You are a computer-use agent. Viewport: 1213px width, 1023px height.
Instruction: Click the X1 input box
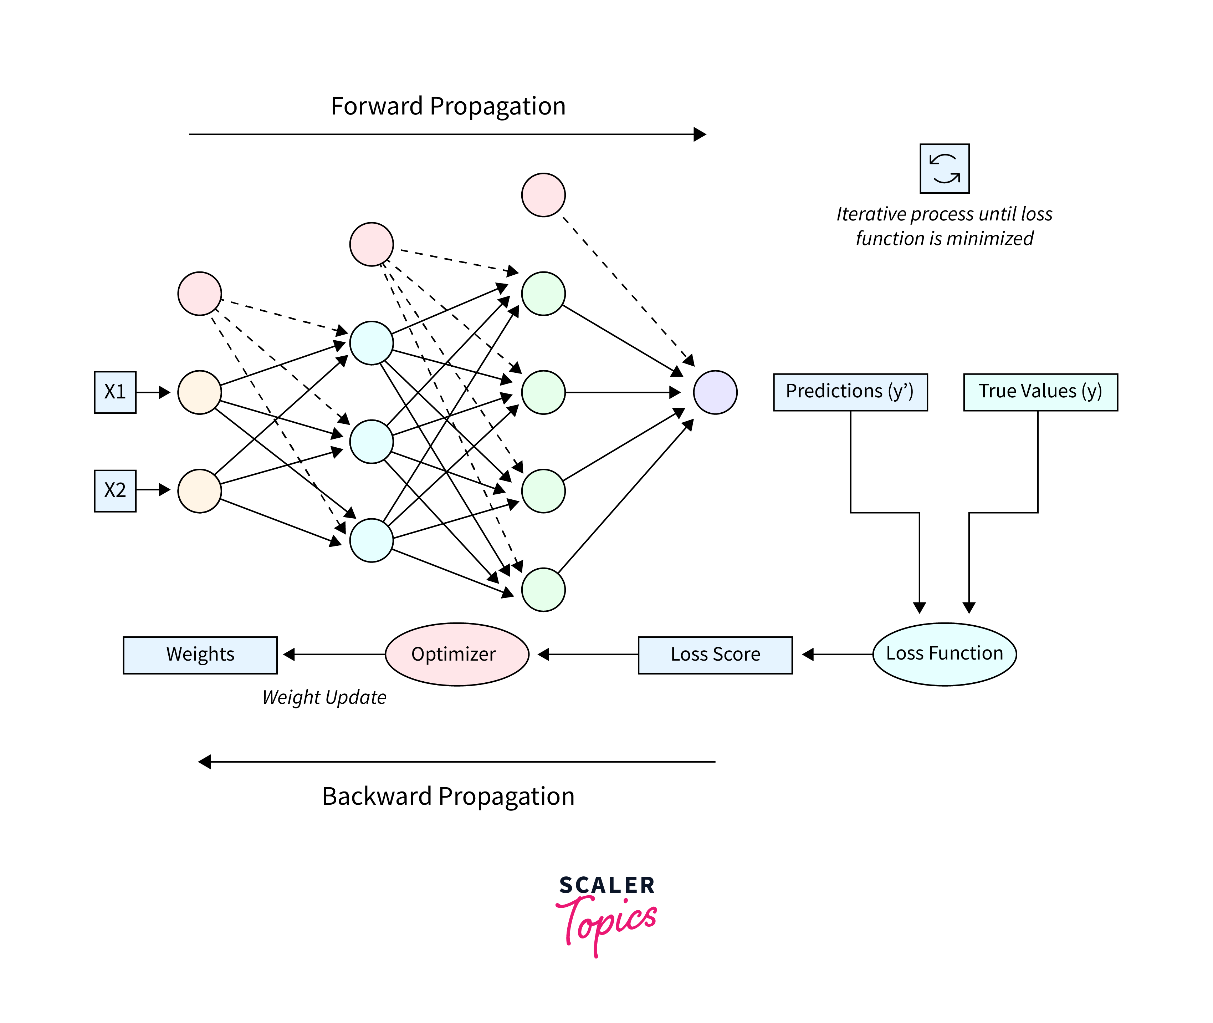pos(115,392)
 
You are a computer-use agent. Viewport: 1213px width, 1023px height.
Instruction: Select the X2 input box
pos(115,490)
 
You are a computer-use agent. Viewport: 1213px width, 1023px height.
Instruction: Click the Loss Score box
pos(715,655)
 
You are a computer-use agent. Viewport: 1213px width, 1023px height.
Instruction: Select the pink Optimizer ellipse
pos(457,654)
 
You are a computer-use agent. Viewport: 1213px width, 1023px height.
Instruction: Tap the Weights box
pos(200,655)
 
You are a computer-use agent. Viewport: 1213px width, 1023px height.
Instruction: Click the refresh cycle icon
pos(944,168)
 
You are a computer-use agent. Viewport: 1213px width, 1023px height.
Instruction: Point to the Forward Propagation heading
pos(448,107)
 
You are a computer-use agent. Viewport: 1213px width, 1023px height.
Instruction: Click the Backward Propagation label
pos(448,796)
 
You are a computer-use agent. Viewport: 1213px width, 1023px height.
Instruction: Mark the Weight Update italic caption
pos(324,697)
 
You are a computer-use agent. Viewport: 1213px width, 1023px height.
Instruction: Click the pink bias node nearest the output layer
pos(543,195)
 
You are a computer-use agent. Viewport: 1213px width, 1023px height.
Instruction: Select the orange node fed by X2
pos(199,490)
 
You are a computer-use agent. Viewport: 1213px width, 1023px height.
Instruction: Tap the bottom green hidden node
pos(543,590)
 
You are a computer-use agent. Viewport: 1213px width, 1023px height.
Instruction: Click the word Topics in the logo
pos(609,922)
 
